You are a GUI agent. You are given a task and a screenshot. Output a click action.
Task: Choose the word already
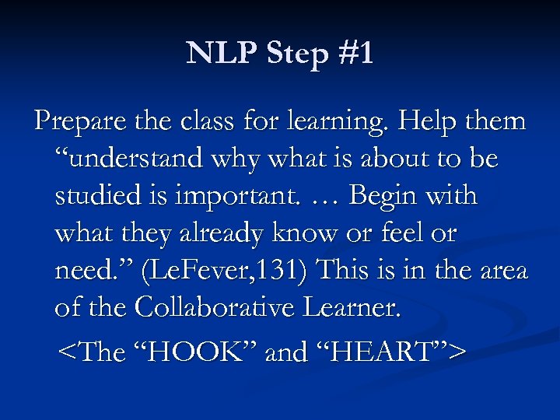tap(225, 233)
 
